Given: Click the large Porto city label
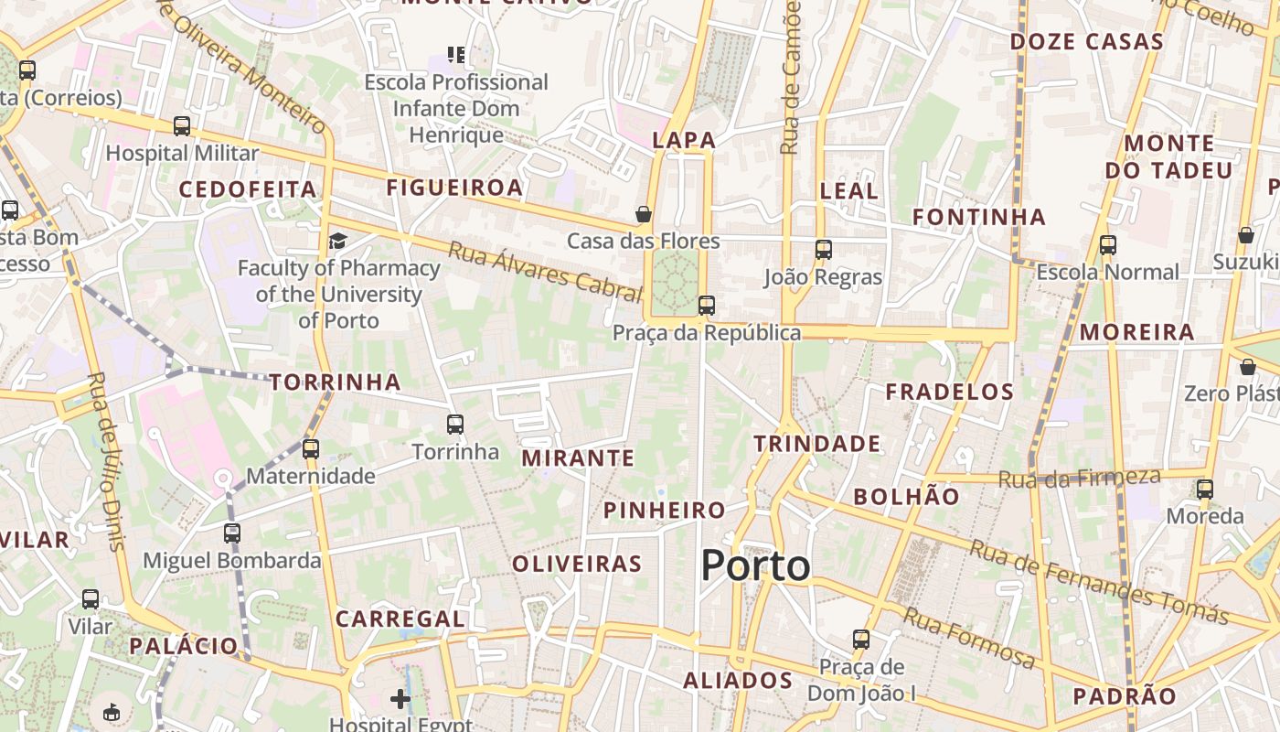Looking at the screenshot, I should click(x=755, y=565).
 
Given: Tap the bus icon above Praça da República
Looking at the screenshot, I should click(x=706, y=306).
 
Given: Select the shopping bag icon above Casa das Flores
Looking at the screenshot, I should click(x=644, y=215).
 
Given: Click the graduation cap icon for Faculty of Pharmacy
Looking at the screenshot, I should click(x=338, y=241).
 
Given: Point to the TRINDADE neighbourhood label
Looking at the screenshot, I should click(x=817, y=444).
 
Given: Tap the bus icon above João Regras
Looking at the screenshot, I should click(x=823, y=249).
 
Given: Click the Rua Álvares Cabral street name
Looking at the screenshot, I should click(x=544, y=271).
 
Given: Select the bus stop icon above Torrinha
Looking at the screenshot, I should click(x=454, y=425).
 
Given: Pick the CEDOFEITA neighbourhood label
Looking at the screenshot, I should click(x=248, y=189).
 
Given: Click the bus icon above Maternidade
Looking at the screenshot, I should click(x=311, y=448).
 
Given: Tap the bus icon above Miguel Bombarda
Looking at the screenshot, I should click(x=232, y=533).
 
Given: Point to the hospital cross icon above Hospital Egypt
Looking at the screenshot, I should click(x=400, y=699).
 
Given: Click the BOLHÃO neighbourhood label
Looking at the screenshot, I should click(x=906, y=497).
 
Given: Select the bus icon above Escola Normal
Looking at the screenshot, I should click(x=1107, y=245).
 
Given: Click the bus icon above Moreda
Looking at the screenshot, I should click(x=1205, y=490).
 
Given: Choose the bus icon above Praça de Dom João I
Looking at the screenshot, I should click(x=860, y=639).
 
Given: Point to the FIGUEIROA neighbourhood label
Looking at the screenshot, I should click(x=454, y=188).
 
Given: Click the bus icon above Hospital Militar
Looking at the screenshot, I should click(x=182, y=126).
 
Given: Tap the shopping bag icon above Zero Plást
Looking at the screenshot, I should click(x=1247, y=367).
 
